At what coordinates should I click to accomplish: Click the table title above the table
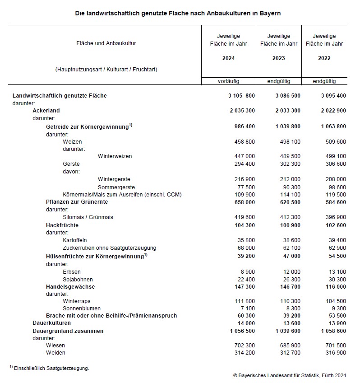[x=178, y=13]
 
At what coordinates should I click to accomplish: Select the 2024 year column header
[x=228, y=58]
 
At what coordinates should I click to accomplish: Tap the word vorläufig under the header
[x=228, y=81]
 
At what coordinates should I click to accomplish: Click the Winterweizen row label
[x=115, y=156]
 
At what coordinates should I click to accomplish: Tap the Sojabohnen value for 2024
[x=245, y=279]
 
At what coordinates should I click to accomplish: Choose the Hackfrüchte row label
[x=62, y=225]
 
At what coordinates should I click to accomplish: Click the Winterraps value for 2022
[x=335, y=301]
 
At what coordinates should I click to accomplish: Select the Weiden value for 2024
[x=244, y=352]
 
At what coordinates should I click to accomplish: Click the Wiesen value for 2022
[x=335, y=345]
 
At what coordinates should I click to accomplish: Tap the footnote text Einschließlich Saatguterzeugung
[x=51, y=368]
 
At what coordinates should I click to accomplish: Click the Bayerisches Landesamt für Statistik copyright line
[x=289, y=375]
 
